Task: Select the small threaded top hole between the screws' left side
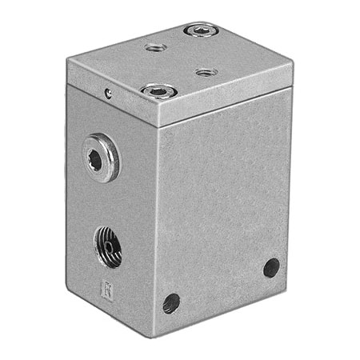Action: [156, 48]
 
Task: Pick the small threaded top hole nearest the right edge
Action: [206, 72]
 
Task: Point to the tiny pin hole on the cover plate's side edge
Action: [108, 94]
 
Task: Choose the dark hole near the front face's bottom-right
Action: [271, 267]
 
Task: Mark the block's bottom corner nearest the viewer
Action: [158, 334]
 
